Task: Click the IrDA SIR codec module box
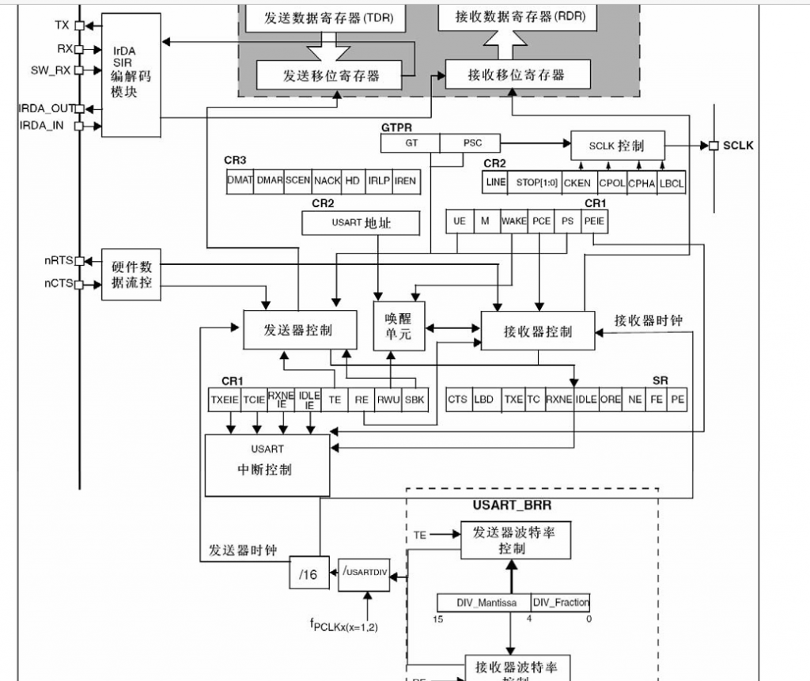click(x=131, y=75)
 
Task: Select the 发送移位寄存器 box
click(x=331, y=76)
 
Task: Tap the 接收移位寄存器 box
click(x=517, y=75)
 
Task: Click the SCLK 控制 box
click(x=617, y=146)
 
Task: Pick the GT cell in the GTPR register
click(x=411, y=143)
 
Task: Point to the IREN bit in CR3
click(x=405, y=180)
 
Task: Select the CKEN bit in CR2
click(x=577, y=183)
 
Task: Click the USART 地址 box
click(x=361, y=223)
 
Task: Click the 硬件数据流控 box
click(x=131, y=275)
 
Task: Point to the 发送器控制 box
click(x=297, y=330)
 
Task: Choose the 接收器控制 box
click(x=538, y=331)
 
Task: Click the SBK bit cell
click(x=414, y=399)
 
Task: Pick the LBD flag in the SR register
click(x=484, y=399)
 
